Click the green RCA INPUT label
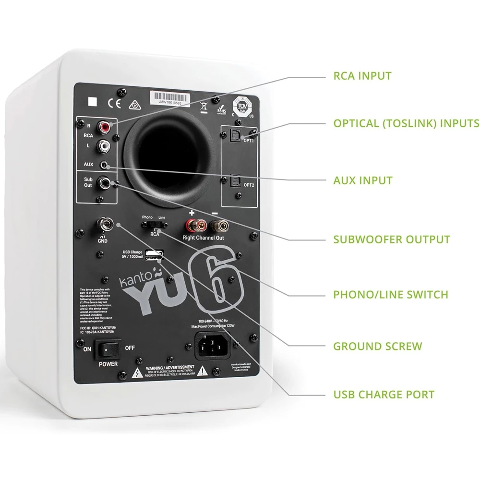[x=362, y=76]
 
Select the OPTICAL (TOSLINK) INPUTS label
[x=406, y=123]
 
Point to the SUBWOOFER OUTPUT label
[x=392, y=239]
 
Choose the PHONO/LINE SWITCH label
[x=391, y=294]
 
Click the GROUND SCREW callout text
[x=378, y=346]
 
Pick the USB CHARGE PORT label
[x=384, y=395]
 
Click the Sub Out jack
[x=104, y=182]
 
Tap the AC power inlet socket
[x=212, y=344]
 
